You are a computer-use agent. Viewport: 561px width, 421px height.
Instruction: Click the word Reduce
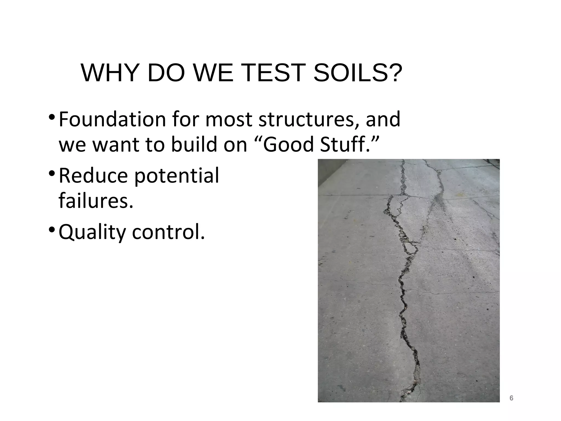coord(93,175)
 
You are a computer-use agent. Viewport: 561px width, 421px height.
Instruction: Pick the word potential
coord(176,176)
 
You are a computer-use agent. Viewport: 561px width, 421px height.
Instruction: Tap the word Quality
coord(92,232)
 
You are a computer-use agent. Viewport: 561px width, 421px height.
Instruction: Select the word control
coord(168,232)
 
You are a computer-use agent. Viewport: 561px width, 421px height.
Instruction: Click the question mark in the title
coord(393,73)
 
